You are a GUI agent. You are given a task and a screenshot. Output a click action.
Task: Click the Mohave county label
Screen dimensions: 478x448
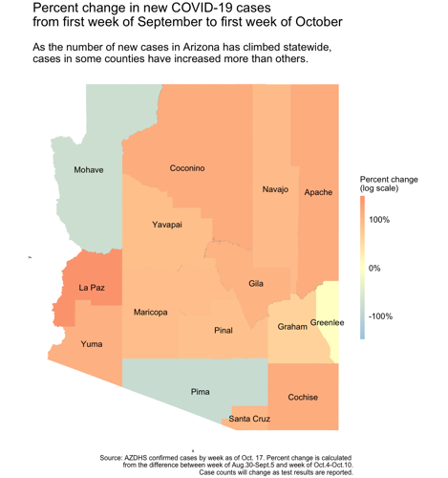point(89,170)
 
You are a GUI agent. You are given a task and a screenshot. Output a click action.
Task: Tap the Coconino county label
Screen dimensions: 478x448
point(187,168)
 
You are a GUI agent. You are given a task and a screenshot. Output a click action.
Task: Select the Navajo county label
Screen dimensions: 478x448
point(275,190)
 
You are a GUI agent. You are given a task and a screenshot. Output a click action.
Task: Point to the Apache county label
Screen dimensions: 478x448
point(318,192)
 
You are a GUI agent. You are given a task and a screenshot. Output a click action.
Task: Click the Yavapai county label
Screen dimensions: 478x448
point(167,225)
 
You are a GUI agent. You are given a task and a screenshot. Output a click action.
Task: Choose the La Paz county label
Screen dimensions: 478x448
point(92,287)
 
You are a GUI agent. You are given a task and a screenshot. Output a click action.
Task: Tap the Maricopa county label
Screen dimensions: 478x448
point(152,313)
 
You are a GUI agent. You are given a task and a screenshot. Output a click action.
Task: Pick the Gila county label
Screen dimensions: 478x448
point(256,284)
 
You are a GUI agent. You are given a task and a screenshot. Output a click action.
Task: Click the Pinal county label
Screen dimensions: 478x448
point(224,331)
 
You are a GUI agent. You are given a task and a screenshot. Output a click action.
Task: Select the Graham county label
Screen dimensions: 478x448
point(291,326)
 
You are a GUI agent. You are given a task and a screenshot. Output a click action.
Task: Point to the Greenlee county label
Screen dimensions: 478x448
point(328,323)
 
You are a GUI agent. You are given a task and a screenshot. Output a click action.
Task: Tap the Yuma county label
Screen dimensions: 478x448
point(93,344)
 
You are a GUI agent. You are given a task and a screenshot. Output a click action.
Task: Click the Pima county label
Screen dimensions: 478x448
point(200,391)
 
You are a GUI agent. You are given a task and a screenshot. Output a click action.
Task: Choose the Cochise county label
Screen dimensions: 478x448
point(303,397)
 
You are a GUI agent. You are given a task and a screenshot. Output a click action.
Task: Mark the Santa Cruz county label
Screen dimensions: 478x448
point(249,419)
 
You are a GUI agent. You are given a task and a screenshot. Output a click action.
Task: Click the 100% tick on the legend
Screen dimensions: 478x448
point(381,220)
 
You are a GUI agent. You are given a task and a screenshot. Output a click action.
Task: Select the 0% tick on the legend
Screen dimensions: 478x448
point(375,268)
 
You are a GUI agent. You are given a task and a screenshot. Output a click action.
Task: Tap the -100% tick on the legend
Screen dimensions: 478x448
point(382,315)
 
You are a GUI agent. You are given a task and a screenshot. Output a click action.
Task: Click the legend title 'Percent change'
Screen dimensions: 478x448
point(389,179)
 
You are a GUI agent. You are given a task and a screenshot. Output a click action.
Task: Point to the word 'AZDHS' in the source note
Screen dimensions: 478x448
point(144,457)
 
